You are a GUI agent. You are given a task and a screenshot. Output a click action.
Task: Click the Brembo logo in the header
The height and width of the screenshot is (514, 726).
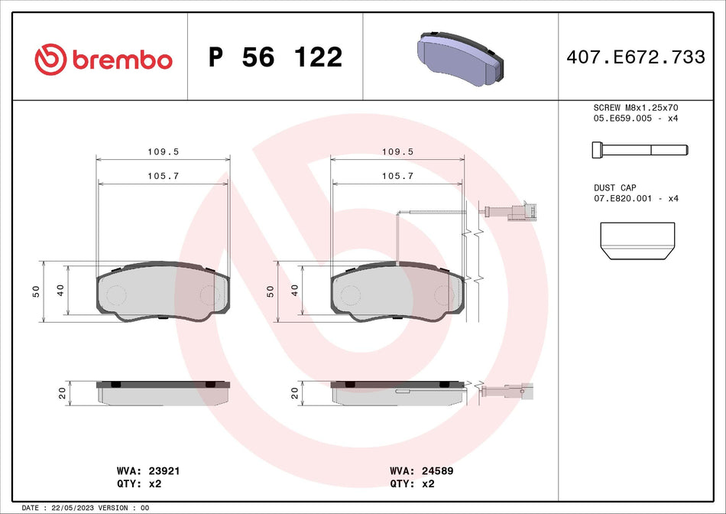click(104, 59)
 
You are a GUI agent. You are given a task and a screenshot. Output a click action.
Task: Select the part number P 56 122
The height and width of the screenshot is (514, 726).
click(275, 57)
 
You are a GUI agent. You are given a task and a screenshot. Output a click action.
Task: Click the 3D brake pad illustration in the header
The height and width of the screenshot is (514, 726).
click(461, 57)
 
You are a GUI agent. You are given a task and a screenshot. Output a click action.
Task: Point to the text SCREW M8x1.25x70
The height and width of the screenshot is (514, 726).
click(636, 108)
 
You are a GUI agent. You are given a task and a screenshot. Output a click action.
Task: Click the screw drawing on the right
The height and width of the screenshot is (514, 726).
click(639, 149)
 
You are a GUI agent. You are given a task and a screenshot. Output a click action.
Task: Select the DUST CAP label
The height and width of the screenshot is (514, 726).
click(614, 187)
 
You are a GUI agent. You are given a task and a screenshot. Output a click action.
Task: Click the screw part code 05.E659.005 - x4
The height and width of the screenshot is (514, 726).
click(636, 119)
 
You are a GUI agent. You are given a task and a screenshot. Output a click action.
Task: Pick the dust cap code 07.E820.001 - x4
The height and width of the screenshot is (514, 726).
click(636, 198)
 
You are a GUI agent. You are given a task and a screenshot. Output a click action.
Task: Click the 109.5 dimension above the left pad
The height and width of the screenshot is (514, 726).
click(163, 152)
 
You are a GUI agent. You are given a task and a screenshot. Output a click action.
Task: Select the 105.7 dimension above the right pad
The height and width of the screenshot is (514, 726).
click(397, 176)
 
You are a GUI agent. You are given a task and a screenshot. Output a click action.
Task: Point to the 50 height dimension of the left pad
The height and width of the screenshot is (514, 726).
click(35, 291)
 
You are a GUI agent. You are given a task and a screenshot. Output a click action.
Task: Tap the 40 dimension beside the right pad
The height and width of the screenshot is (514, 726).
click(294, 291)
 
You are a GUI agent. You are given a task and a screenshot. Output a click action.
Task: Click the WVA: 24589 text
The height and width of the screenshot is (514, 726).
click(422, 472)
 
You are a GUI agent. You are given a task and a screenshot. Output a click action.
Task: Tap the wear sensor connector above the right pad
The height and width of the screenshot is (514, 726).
click(527, 211)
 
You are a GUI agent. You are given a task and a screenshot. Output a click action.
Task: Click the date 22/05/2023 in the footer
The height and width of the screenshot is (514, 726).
click(73, 508)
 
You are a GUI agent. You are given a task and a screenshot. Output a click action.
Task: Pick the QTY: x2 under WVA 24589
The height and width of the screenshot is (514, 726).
click(413, 483)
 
